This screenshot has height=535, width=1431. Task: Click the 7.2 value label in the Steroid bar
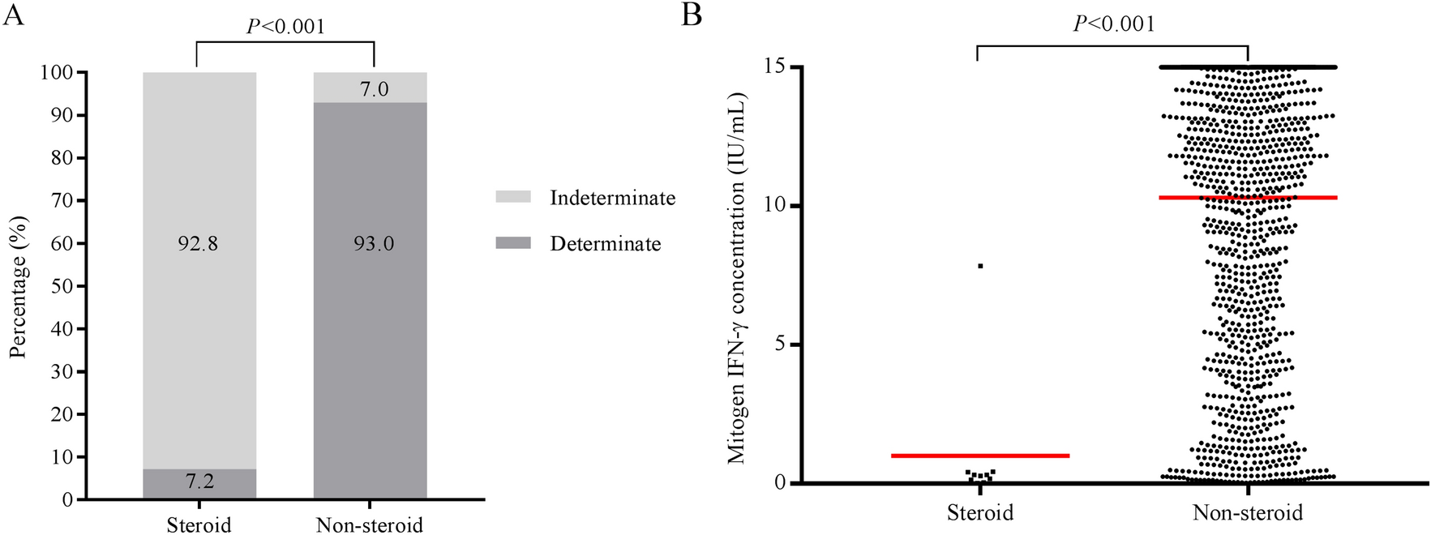[199, 481]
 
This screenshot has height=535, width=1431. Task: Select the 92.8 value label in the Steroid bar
[198, 244]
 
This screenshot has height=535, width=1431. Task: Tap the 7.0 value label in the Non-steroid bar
[374, 89]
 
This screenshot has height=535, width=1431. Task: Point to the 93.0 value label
[373, 244]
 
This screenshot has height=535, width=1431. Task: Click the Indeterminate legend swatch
[513, 197]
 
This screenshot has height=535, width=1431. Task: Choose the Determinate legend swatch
[513, 243]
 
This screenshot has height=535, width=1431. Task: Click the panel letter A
[13, 15]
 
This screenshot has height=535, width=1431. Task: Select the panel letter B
[692, 15]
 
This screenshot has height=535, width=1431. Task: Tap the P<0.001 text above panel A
[285, 27]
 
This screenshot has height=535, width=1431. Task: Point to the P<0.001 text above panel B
[1114, 24]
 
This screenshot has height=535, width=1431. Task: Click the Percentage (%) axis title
[19, 286]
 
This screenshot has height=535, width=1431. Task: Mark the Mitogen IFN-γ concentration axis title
[736, 278]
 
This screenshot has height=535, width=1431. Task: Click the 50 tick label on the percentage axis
[62, 286]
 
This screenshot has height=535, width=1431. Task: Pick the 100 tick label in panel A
[57, 73]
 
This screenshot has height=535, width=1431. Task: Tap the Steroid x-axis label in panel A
[199, 524]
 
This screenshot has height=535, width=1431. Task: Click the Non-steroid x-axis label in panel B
[1247, 512]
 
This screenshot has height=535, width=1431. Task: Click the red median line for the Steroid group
[980, 456]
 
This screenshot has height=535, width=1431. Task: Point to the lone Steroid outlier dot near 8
[980, 266]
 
